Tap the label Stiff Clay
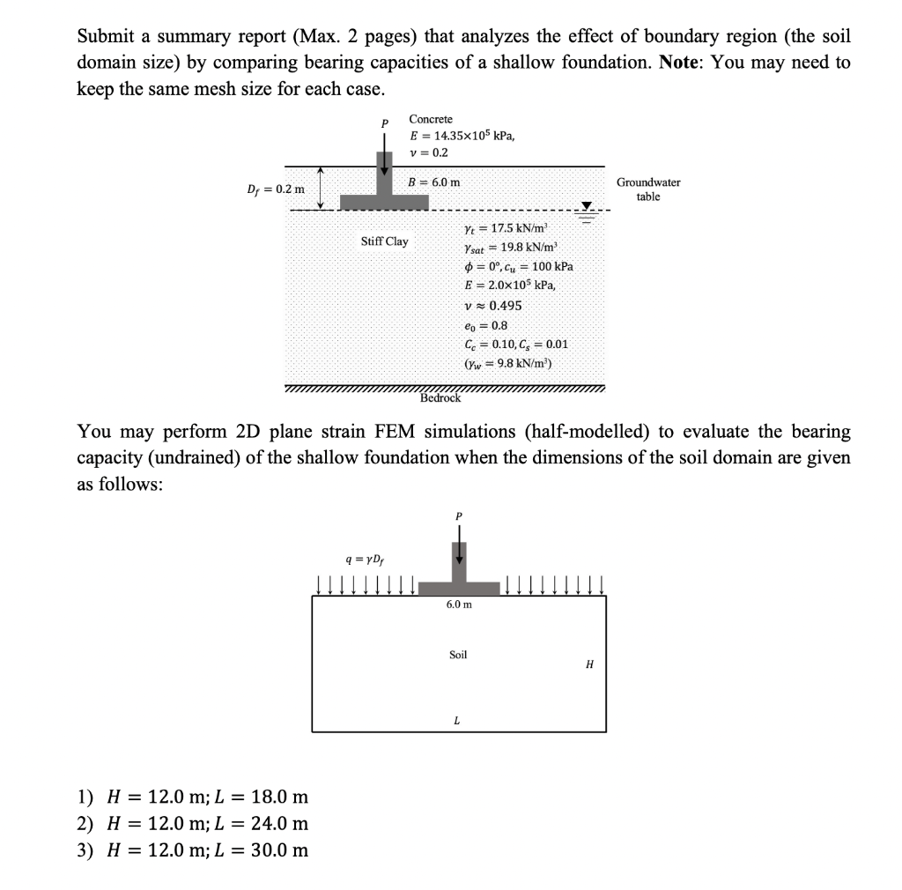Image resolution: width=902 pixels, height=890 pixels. pos(385,241)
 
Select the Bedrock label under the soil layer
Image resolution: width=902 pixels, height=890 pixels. pos(440,398)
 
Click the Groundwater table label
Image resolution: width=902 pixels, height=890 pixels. pos(648,189)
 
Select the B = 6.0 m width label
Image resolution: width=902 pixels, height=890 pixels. pos(433,182)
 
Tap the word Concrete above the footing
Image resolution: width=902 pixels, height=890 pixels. pos(431,119)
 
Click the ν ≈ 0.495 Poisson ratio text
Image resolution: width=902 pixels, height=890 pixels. pos(492,305)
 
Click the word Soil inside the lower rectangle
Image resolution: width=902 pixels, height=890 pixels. pos(458,655)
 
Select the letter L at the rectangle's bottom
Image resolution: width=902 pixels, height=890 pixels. pos(456,720)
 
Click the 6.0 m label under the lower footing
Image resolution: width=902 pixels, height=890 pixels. pos(458,605)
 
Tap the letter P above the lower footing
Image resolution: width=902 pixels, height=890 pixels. pos(458,516)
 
